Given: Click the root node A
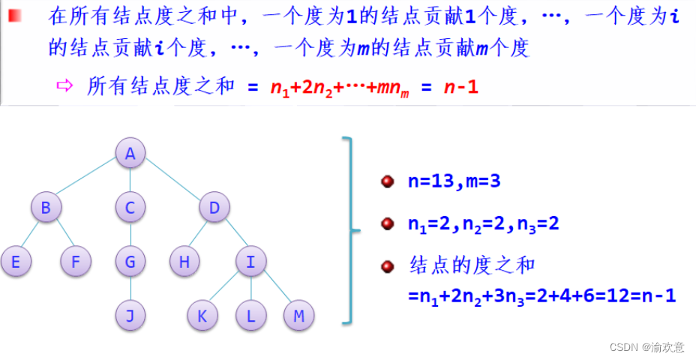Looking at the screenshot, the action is (130, 154).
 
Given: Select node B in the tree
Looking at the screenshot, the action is (46, 208).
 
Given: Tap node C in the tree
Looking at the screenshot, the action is (130, 208).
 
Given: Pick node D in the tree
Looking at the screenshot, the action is (214, 208).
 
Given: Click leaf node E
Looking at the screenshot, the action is (16, 262).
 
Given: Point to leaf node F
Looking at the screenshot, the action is (76, 262).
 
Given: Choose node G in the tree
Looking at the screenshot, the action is (130, 262).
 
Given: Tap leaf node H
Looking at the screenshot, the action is (184, 262).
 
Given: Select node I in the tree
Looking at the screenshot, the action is (250, 262).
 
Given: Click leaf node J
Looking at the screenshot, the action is (130, 316).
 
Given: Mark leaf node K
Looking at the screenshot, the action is (202, 316).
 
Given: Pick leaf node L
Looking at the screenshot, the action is (250, 316).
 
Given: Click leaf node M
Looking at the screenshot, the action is (298, 316).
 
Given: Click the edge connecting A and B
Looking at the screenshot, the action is (88, 181).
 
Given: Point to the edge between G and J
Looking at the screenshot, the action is (130, 289).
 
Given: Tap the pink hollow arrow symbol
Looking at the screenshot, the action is (64, 85).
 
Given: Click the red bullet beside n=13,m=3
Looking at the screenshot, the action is (388, 182).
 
